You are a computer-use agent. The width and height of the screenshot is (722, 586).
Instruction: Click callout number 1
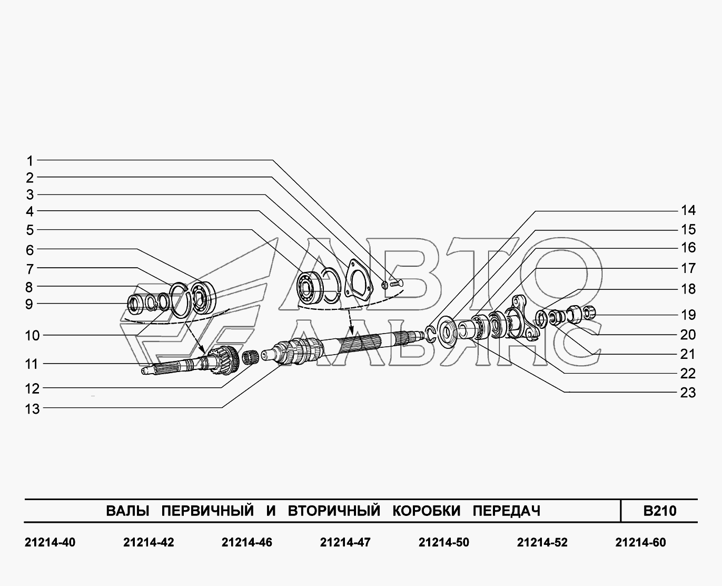(x=30, y=161)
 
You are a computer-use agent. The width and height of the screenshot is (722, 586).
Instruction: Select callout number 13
(x=33, y=409)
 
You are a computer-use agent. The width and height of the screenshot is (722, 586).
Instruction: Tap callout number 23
(x=688, y=393)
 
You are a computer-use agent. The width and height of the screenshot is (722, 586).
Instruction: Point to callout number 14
(x=688, y=211)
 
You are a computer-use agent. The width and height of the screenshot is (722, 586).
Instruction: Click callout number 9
(x=29, y=304)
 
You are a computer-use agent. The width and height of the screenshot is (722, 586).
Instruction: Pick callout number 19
(x=688, y=315)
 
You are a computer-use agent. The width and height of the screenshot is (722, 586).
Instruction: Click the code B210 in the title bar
(x=660, y=511)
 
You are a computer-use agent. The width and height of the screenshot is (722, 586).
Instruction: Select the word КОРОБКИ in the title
(x=427, y=511)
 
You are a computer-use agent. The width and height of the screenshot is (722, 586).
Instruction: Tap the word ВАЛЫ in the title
(x=128, y=511)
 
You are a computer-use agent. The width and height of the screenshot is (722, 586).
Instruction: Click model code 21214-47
(x=345, y=543)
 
